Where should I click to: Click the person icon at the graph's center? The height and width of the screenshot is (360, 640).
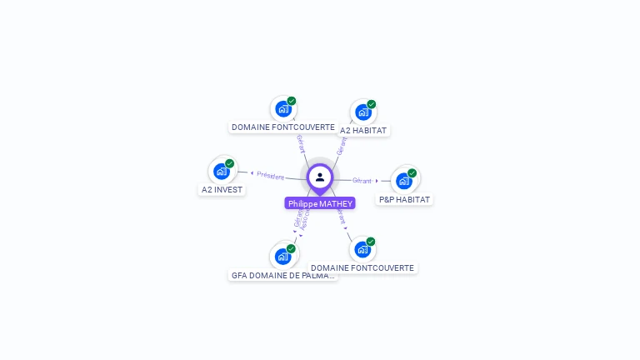pos(320,177)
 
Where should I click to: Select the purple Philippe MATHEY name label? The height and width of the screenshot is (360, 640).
pos(320,203)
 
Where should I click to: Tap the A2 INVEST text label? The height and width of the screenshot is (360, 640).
pos(222,190)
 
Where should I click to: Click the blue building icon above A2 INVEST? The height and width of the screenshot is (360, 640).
pos(221,172)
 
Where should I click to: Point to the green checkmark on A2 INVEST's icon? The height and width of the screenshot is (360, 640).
pos(230,163)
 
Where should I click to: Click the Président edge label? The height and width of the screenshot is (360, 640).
pos(271,176)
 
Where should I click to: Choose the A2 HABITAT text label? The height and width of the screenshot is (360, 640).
pos(363,130)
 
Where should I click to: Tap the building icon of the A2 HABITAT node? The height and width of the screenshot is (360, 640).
pos(362,112)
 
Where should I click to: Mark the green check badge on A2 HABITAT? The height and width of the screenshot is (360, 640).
pos(372,104)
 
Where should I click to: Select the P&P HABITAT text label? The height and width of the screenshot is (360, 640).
pos(405,200)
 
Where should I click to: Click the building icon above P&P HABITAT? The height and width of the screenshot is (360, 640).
pos(404,181)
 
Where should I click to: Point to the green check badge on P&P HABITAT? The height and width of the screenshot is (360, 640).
pos(412,172)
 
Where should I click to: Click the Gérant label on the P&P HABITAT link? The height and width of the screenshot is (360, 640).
pos(362,181)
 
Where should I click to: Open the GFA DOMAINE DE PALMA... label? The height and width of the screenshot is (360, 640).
pos(283,275)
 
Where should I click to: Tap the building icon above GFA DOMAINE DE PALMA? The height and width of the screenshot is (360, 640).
pos(282,257)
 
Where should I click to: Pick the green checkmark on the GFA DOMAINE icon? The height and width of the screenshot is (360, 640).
pos(292,248)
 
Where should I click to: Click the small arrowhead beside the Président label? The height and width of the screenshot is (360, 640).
pos(252,173)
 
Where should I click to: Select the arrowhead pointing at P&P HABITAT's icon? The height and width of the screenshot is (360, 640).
pos(377,181)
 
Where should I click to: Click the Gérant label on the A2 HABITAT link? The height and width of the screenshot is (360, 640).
pos(342,146)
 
